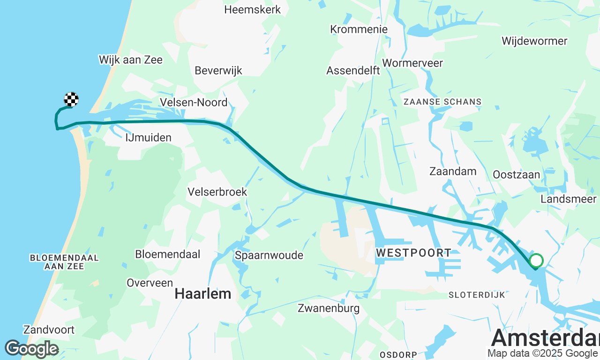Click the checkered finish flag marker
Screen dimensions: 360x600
[x=71, y=99]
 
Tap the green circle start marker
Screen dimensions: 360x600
[x=536, y=260]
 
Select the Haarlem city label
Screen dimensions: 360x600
[x=203, y=294]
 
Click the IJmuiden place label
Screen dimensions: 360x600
[x=149, y=138]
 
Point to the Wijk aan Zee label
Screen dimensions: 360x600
[x=131, y=60]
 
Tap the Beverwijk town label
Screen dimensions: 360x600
[x=218, y=70]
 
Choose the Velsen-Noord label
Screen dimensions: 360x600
[x=194, y=102]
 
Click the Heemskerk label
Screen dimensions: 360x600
[x=253, y=9]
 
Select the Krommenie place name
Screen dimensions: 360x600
[x=359, y=29]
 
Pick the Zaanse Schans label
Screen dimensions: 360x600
[x=442, y=102]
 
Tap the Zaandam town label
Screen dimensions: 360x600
[x=453, y=172]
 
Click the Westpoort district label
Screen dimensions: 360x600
[x=413, y=253]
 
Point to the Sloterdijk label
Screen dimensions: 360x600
[x=477, y=295]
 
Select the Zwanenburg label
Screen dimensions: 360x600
[x=329, y=308]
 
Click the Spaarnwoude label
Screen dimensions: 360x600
[x=269, y=255]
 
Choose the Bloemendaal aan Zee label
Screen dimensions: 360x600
[x=64, y=262]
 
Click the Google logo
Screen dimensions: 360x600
[x=31, y=349]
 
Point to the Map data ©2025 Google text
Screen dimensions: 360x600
[x=542, y=353]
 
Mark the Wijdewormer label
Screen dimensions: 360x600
[x=534, y=41]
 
